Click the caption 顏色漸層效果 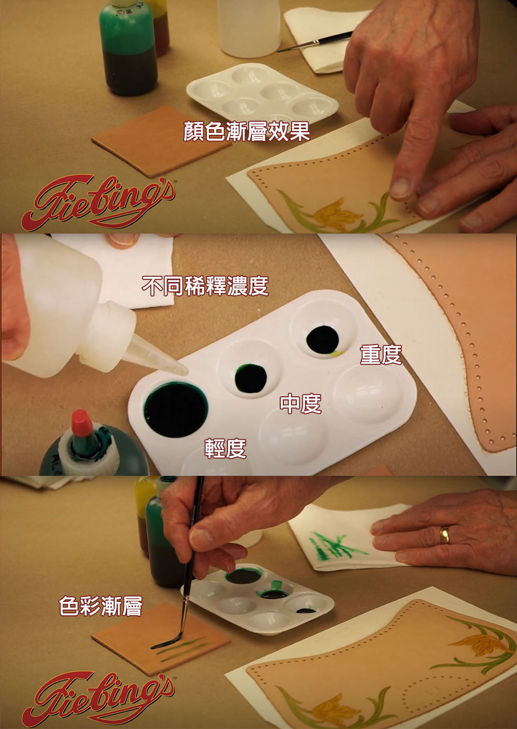[247, 131]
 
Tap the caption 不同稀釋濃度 [205, 286]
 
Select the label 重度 [381, 355]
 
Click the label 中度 [300, 404]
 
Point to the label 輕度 [225, 448]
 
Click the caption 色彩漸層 [101, 606]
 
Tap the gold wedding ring [445, 535]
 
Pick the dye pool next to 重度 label [322, 339]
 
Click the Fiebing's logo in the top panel [98, 203]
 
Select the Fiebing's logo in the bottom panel [98, 699]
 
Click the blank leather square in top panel [161, 141]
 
